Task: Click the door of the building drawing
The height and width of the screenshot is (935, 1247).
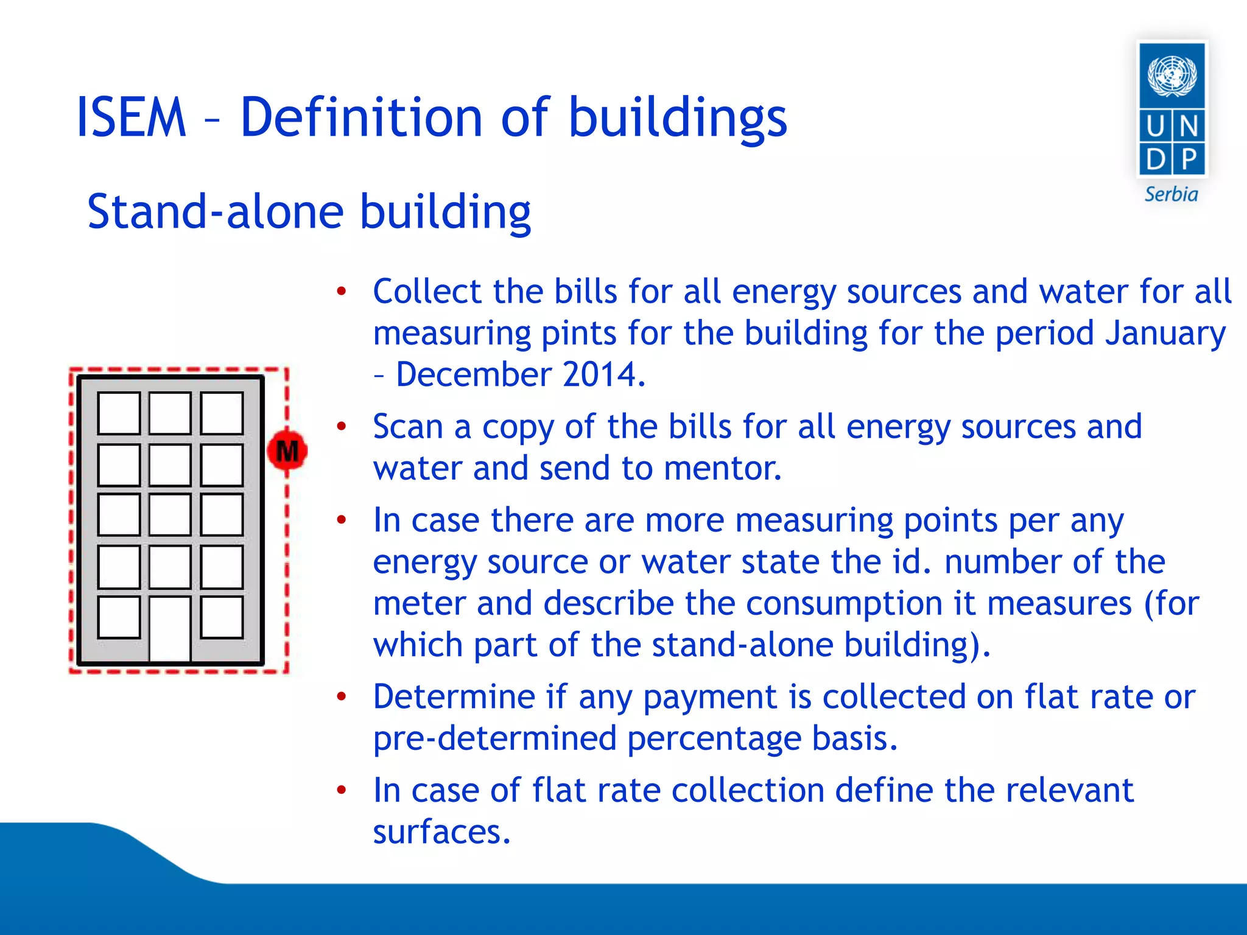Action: (x=170, y=628)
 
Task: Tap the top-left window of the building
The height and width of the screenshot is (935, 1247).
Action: (x=119, y=413)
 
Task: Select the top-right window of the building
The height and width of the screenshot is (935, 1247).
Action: (x=222, y=413)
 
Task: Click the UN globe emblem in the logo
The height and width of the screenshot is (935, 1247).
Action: (x=1172, y=75)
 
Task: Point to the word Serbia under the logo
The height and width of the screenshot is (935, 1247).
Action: (x=1171, y=195)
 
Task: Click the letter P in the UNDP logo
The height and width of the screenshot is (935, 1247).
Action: (x=1189, y=159)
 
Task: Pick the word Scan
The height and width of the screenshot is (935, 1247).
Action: (x=407, y=427)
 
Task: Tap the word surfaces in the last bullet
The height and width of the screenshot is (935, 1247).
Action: (x=441, y=832)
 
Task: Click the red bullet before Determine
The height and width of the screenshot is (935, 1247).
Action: (x=342, y=696)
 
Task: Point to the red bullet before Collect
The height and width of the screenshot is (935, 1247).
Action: (x=342, y=291)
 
